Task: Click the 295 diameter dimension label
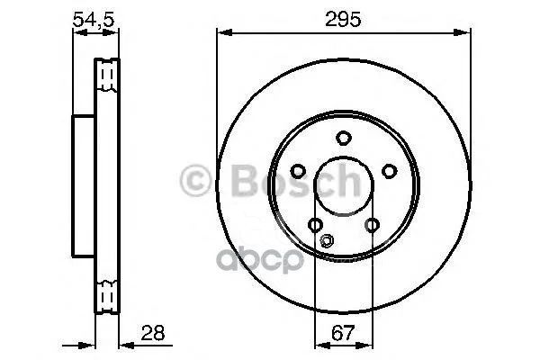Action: (x=343, y=19)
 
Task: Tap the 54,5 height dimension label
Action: (x=94, y=19)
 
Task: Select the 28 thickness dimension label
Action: (x=153, y=333)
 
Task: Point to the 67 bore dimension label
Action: (x=343, y=333)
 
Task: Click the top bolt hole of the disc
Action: (x=344, y=138)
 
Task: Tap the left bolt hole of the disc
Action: (x=298, y=171)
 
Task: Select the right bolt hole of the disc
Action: (x=390, y=171)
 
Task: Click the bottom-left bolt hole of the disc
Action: (x=315, y=225)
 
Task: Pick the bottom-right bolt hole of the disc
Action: (x=373, y=225)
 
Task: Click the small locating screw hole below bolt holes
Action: (x=327, y=240)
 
